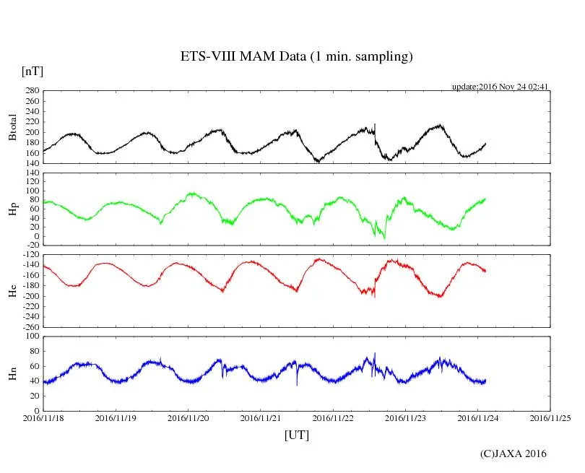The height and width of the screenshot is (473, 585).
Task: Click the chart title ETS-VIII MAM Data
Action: (x=296, y=57)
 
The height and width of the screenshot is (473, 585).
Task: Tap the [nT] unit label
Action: (x=32, y=71)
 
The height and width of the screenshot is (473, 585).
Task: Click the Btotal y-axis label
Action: (x=12, y=127)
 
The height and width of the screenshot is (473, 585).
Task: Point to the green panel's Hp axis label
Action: (x=12, y=209)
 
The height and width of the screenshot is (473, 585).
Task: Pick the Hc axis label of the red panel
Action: (x=12, y=290)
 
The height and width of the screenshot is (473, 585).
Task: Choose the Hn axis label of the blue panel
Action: (x=12, y=373)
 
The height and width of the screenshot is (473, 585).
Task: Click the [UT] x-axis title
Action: (x=297, y=435)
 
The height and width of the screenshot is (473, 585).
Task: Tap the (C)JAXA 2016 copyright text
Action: (x=513, y=454)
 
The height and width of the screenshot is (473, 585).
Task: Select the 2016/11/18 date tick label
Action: (x=43, y=417)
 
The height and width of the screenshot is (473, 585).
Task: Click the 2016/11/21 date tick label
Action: (x=261, y=417)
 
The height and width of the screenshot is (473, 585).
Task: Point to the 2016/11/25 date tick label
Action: (x=550, y=417)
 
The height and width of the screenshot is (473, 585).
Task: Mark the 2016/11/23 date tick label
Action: (x=406, y=417)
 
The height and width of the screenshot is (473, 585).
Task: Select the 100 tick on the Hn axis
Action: (x=32, y=337)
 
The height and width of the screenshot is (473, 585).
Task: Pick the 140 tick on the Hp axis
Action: (x=32, y=173)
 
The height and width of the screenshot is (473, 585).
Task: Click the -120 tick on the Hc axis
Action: (x=30, y=255)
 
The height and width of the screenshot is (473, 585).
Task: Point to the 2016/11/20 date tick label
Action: (x=188, y=417)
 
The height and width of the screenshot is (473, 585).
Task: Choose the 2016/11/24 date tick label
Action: (x=478, y=417)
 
